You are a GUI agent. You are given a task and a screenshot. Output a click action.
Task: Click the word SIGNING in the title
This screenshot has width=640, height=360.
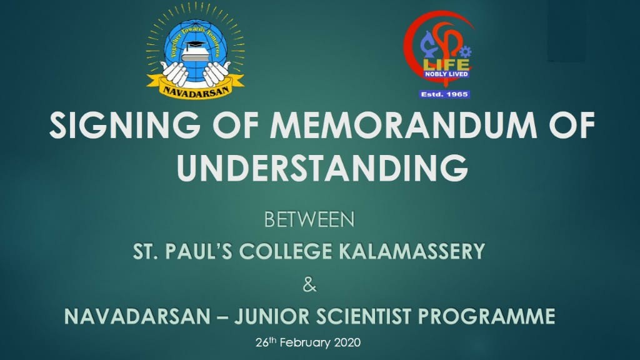click(x=125, y=125)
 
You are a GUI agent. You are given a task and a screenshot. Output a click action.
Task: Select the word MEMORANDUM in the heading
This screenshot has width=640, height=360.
click(x=403, y=125)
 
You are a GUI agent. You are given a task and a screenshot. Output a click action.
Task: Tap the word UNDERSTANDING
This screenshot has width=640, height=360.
click(x=322, y=167)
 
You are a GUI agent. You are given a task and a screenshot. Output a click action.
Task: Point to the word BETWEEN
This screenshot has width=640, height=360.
click(x=309, y=219)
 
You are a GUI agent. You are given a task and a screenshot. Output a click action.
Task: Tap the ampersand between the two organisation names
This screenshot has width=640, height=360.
click(x=310, y=284)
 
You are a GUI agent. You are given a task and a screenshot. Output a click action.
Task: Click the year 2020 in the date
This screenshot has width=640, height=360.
click(x=347, y=342)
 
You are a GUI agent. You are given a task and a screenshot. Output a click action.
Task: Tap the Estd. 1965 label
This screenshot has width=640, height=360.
click(x=444, y=94)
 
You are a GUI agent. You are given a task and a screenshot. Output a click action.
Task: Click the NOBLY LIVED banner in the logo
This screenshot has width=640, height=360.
click(x=446, y=74)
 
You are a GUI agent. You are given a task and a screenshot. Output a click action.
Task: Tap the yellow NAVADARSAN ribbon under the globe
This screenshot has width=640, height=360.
click(x=196, y=87)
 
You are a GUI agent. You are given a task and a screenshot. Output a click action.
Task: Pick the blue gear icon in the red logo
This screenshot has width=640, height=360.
click(x=465, y=52)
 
